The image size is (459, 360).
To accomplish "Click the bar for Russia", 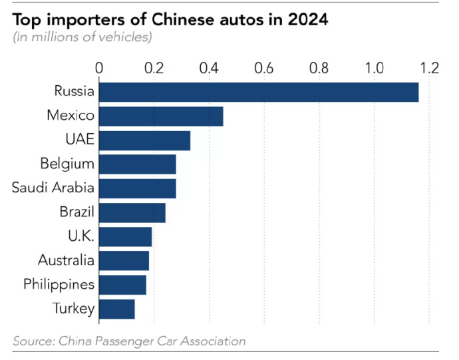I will (x=259, y=92).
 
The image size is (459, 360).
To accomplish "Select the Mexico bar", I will (x=161, y=116).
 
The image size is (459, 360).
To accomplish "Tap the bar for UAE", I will (x=145, y=140).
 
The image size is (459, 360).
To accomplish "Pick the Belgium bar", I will (x=138, y=164).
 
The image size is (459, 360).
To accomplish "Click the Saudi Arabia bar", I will (x=138, y=188).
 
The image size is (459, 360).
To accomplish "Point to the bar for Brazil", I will (x=132, y=213).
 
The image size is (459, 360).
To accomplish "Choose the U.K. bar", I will (x=126, y=237).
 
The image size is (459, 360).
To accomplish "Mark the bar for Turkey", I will (x=117, y=309).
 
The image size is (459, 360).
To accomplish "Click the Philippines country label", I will (x=59, y=285).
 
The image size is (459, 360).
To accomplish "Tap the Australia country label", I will (x=66, y=260).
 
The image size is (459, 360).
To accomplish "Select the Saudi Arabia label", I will (x=53, y=188).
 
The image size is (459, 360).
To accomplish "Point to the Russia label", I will (x=75, y=91).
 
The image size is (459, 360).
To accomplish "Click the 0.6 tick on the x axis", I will (x=264, y=68).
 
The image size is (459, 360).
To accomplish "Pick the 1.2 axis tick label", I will (x=430, y=68).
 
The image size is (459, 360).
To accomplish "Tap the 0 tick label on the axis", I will (x=99, y=68).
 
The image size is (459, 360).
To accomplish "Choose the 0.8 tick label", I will (x=319, y=68).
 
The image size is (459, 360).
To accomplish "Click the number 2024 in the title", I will (x=307, y=20).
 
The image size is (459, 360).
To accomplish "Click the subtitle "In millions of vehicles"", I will (x=82, y=37).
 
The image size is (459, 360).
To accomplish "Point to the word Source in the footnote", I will (x=33, y=341).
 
